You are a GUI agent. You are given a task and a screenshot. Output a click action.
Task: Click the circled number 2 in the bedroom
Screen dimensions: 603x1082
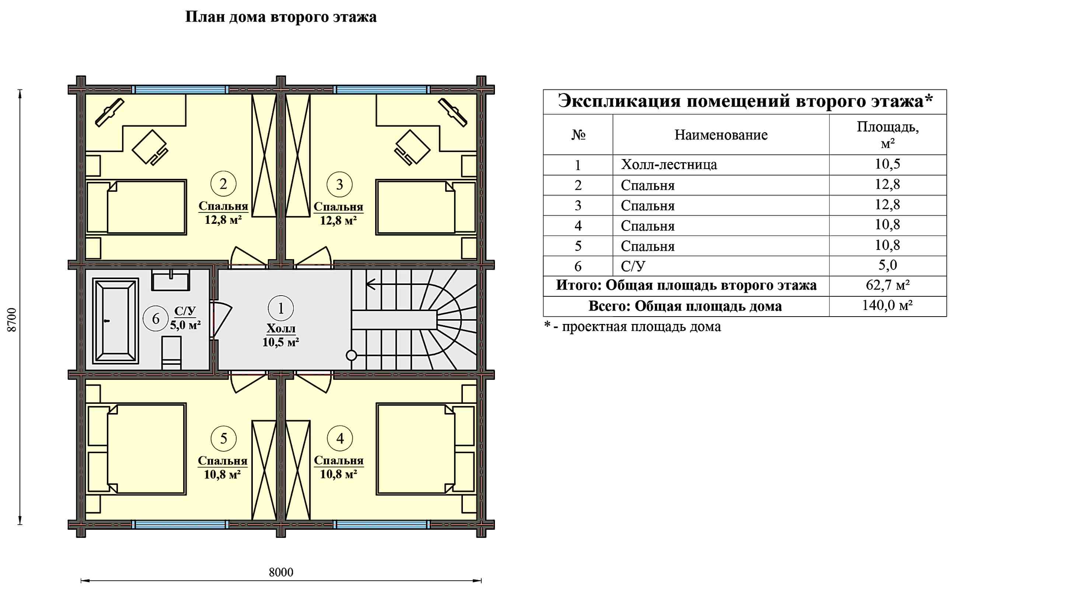pos(223,184)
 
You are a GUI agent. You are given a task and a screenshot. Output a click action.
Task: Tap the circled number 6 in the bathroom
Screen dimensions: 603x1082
pos(156,318)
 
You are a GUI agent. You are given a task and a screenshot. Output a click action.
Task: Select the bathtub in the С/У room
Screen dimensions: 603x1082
pos(115,321)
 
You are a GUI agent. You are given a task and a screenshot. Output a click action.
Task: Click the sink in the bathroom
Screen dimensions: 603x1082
pos(171,280)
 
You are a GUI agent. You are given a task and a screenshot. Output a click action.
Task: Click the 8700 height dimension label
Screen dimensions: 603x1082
pos(12,320)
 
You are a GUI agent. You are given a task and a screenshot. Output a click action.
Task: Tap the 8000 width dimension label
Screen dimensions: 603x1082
pos(280,572)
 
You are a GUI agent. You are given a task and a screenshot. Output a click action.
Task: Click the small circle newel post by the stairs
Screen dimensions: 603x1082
pos(351,355)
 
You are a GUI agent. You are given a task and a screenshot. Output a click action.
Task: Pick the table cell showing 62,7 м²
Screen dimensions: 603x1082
pos(887,285)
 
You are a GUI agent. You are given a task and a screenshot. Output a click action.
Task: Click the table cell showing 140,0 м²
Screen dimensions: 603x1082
pos(887,306)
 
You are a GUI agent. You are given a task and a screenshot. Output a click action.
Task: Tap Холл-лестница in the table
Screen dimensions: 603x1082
pos(669,165)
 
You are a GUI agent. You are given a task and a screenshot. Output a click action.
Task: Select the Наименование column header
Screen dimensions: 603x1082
pos(721,135)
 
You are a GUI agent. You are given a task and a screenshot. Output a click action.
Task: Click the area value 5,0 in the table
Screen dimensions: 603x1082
pos(887,265)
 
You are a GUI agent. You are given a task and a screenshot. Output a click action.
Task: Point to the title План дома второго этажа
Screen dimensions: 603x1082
pos(280,17)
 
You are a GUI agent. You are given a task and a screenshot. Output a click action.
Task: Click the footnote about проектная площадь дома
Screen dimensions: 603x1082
pos(632,327)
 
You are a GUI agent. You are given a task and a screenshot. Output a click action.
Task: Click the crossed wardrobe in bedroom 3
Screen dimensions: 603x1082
pos(297,155)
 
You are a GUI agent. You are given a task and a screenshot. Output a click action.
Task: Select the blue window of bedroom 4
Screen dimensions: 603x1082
pos(381,525)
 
